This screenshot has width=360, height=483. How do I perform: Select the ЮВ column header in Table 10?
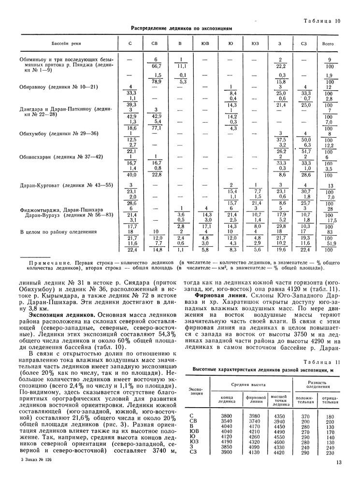(205, 43)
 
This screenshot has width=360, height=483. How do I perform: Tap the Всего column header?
(328, 43)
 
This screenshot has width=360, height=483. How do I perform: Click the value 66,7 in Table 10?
(156, 66)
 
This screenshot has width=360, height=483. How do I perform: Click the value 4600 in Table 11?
(279, 441)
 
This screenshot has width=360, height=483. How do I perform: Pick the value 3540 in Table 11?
(227, 421)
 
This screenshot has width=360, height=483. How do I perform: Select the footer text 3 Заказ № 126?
(36, 460)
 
